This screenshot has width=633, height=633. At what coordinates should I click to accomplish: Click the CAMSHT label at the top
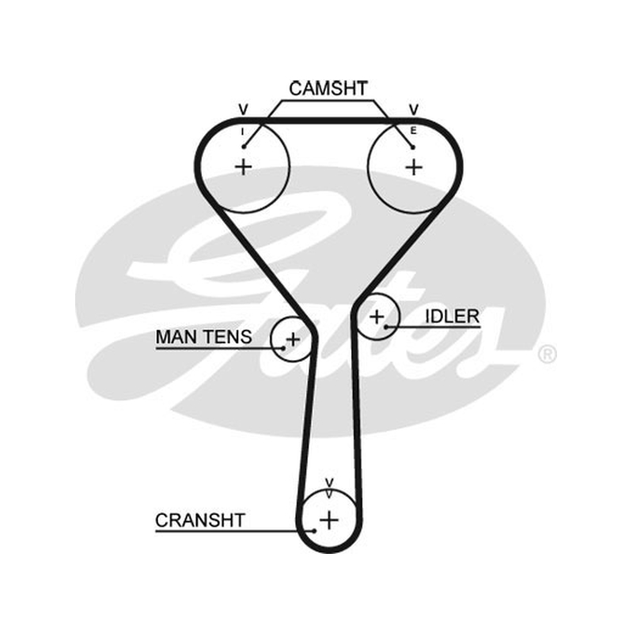click(x=328, y=89)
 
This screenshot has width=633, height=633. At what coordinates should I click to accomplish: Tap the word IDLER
click(x=452, y=316)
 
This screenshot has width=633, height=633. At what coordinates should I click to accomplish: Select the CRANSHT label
click(x=200, y=521)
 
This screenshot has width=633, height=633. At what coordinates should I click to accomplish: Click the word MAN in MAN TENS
click(x=176, y=337)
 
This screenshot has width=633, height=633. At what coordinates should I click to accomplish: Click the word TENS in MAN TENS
click(x=227, y=337)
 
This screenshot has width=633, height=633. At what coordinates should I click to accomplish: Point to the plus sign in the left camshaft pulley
click(x=244, y=167)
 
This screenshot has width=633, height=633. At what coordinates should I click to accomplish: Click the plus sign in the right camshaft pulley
click(x=414, y=167)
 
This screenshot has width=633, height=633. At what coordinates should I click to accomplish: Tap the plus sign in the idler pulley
click(x=377, y=317)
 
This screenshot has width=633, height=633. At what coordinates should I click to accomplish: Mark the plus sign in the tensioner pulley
click(x=293, y=339)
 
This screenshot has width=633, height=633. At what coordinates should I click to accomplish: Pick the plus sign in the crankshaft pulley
click(x=329, y=520)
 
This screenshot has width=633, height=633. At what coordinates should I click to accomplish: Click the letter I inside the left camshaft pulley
click(x=243, y=131)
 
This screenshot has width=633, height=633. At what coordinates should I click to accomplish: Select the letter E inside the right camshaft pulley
click(x=413, y=131)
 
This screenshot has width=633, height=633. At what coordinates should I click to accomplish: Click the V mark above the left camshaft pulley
click(x=243, y=109)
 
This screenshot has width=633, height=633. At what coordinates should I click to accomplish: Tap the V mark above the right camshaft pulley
click(x=414, y=109)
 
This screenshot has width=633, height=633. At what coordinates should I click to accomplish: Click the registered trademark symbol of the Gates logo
click(x=548, y=354)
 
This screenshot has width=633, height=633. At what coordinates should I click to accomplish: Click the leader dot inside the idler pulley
click(x=386, y=327)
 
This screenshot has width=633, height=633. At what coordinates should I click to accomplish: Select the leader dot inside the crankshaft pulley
click(x=314, y=531)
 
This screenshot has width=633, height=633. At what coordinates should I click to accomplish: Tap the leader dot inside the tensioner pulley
click(x=283, y=348)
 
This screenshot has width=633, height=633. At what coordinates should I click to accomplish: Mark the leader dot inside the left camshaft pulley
click(x=244, y=146)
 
